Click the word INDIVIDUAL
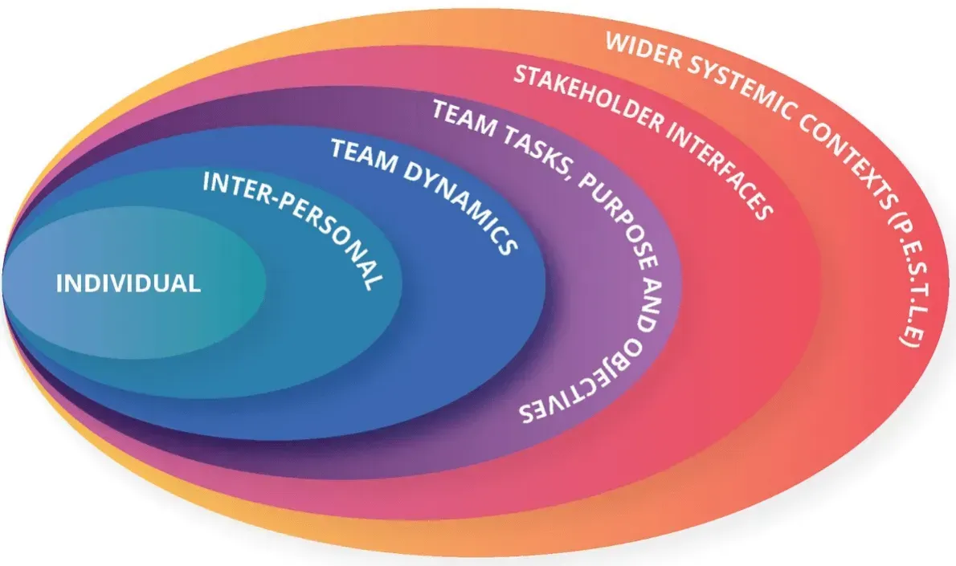point(128,283)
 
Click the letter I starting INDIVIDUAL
point(59,283)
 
